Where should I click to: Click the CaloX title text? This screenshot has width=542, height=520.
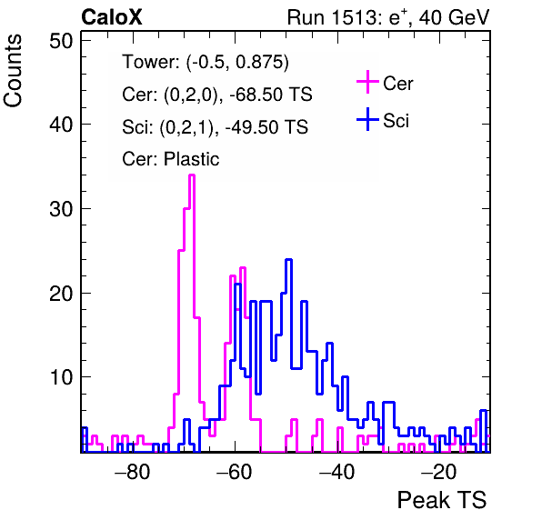[x=112, y=17]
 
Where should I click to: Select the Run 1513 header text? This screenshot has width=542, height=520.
[x=388, y=17]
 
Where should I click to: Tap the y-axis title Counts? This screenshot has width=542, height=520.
[x=13, y=71]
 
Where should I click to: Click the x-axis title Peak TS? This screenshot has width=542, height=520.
[x=442, y=500]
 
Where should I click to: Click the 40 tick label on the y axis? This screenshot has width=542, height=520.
[x=61, y=125]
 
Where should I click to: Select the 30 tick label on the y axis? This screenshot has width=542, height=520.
[x=61, y=209]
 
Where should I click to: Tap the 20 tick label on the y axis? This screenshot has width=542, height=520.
[x=61, y=293]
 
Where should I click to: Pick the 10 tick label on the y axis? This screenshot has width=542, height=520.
[x=61, y=377]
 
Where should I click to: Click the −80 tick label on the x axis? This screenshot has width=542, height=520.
[x=133, y=472]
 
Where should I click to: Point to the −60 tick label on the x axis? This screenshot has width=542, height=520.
[x=235, y=472]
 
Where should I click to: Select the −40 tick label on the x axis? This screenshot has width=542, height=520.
[x=337, y=472]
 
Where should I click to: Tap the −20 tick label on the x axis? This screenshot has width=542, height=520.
[x=439, y=472]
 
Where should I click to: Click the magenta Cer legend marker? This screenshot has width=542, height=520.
[x=367, y=82]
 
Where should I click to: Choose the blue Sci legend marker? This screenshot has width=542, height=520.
[x=367, y=120]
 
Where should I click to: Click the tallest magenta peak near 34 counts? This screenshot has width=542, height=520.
[x=192, y=175]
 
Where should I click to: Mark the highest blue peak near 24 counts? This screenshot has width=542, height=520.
[x=289, y=259]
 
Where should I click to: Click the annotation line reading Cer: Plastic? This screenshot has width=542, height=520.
[x=171, y=159]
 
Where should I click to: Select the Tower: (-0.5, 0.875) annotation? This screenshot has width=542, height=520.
[x=206, y=62]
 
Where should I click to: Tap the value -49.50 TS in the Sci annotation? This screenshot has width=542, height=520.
[x=266, y=126]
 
